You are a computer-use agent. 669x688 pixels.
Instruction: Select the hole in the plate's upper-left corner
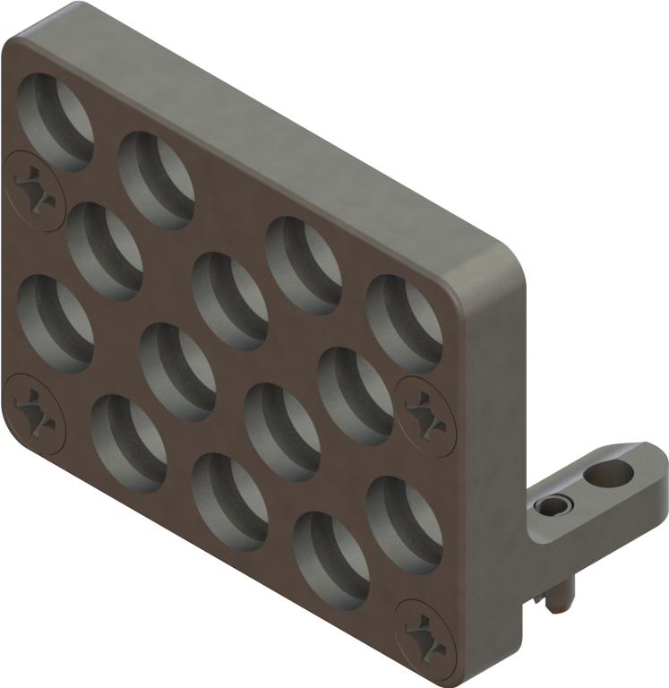[56, 122]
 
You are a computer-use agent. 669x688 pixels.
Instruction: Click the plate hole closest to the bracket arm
[404, 524]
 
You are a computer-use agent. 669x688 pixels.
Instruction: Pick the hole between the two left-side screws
[55, 322]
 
